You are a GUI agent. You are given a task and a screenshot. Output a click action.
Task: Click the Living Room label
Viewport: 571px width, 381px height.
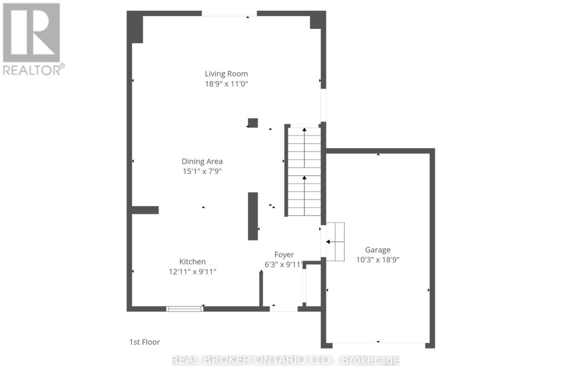click(x=226, y=74)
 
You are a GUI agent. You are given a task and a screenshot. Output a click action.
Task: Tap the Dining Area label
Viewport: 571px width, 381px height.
click(x=202, y=161)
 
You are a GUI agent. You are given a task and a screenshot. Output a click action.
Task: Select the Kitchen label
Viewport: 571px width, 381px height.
click(x=192, y=262)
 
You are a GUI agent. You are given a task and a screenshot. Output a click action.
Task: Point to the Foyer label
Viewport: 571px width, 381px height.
click(x=284, y=255)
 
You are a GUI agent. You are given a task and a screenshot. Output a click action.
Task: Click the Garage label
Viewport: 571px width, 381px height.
click(x=378, y=250)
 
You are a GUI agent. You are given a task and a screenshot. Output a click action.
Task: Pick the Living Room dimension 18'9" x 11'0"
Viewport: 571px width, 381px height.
click(x=226, y=84)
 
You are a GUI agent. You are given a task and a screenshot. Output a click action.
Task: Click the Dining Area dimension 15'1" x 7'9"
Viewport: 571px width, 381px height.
click(x=202, y=171)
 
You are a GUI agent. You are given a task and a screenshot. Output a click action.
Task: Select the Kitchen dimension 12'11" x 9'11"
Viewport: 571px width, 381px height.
click(x=192, y=272)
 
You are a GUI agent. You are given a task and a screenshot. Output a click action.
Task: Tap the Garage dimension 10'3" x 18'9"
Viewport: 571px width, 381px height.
click(x=378, y=260)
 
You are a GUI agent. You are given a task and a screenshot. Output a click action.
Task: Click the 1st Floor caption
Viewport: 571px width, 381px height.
click(x=145, y=342)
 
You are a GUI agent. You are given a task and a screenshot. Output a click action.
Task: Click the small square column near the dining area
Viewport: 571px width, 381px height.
click(x=253, y=123)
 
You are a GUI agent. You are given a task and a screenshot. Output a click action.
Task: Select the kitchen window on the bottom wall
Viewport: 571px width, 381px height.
click(x=185, y=309)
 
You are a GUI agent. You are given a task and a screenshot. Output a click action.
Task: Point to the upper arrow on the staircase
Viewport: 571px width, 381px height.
click(x=304, y=130)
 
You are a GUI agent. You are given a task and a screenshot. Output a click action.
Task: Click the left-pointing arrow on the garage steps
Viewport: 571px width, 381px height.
click(x=328, y=242)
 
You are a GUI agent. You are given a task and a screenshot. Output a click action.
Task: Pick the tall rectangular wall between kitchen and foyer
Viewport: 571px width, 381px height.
click(x=253, y=216)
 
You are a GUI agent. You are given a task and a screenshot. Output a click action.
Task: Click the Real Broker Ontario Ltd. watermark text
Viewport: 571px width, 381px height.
click(x=285, y=360)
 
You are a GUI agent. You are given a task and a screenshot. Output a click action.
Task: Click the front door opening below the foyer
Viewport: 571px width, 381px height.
click(x=283, y=309)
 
